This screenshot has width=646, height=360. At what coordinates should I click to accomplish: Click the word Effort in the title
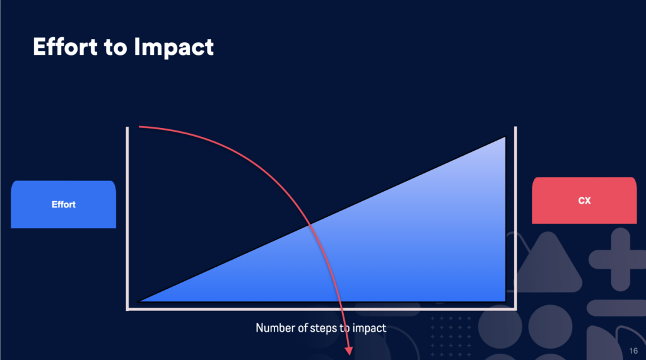click(65, 47)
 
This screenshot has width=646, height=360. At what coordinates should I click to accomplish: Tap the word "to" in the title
click(115, 47)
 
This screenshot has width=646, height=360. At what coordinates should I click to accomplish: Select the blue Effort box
click(64, 204)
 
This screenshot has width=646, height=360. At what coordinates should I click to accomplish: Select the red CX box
click(584, 200)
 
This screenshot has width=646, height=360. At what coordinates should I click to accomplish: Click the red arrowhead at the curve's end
click(349, 351)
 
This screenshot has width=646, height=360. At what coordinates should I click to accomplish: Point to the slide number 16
click(633, 351)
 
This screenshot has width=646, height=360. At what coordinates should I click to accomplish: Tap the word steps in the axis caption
click(324, 328)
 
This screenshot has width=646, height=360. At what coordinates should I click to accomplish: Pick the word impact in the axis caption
click(369, 328)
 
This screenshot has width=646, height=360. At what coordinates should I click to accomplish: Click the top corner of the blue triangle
click(505, 137)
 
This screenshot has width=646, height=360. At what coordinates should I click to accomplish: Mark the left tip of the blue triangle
click(138, 301)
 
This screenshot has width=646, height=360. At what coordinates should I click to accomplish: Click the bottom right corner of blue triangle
click(505, 301)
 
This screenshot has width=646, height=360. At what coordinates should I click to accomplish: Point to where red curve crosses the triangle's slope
click(310, 224)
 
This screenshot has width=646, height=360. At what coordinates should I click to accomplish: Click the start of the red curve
click(139, 127)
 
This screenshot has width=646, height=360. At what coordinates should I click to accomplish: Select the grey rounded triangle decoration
click(548, 264)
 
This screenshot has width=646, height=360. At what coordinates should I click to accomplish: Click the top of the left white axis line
click(127, 128)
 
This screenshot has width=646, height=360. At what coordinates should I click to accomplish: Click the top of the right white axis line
click(515, 128)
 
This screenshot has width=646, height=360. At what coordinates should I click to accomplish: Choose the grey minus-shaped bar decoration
click(616, 308)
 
